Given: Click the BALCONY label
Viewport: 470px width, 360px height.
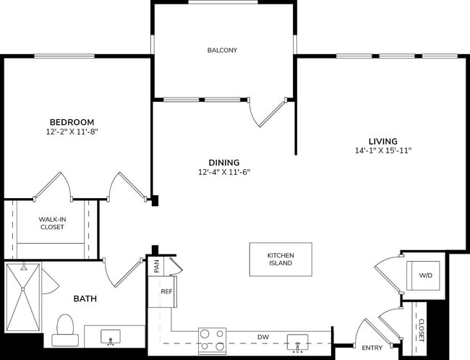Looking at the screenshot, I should pos(222,50).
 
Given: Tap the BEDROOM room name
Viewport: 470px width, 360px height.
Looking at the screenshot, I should pos(71,122).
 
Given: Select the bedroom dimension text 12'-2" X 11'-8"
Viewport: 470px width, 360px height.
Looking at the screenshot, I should pos(71,132).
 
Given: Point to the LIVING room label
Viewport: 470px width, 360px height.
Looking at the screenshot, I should pos(383,140).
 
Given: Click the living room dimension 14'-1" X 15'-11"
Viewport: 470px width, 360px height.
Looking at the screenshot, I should pos(383,150).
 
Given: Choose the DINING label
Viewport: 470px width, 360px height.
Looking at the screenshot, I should pos(223,163).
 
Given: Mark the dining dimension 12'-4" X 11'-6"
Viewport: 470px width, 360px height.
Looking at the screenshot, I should pos(223,172).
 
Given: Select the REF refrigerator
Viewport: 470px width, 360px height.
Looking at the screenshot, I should pos(166,291).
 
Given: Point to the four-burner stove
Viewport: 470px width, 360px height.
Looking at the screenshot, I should pos(212,340).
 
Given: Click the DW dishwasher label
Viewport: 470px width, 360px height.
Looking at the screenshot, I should pos(263,337).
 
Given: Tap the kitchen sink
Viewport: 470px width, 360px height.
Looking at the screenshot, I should pos(296,340).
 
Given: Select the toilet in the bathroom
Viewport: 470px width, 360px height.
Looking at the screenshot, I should pos(67,327).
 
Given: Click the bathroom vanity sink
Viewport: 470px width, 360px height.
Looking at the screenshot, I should pos(111,337).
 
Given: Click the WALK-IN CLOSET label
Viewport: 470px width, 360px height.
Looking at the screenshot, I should pos(51,222).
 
